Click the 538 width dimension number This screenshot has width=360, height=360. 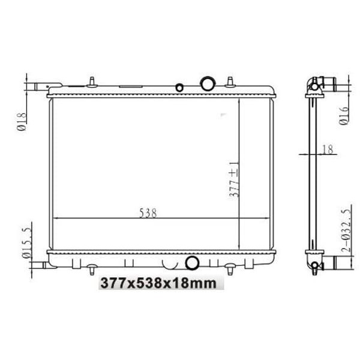pos(148,213)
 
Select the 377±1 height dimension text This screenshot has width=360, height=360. pos(235,179)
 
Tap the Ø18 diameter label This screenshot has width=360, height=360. pos(22,122)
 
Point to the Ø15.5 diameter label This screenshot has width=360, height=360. pos(27,243)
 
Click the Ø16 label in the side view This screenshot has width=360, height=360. pos(344,116)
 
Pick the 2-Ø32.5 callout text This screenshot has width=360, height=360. pos(346,230)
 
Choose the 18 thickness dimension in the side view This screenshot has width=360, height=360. pos(328,149)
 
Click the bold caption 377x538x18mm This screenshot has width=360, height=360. pos(158,283)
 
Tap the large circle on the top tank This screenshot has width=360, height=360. pos(208,83)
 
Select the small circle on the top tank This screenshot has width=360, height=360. pos(179,88)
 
